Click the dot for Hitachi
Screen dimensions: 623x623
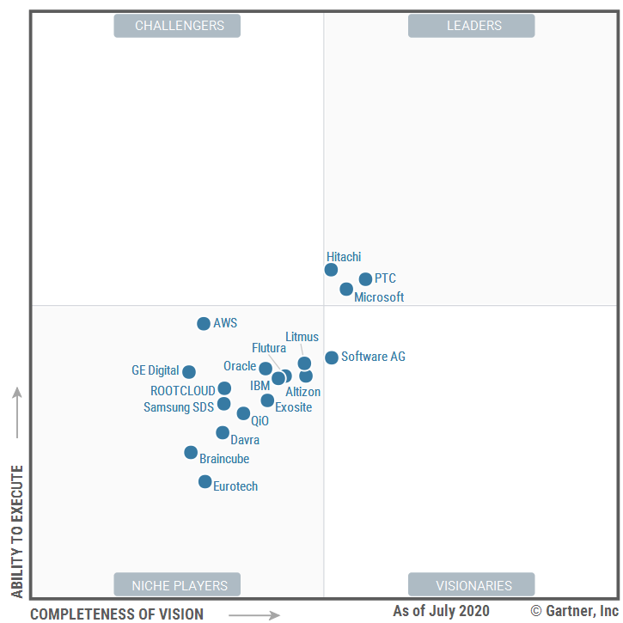[331, 270]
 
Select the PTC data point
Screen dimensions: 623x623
[365, 279]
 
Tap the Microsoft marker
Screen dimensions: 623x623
[346, 290]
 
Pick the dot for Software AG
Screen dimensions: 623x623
[332, 357]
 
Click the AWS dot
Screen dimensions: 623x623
[204, 324]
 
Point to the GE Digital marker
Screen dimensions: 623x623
[189, 372]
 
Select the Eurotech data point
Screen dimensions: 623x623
[205, 482]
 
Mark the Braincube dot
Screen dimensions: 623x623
[191, 453]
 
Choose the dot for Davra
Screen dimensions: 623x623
[223, 433]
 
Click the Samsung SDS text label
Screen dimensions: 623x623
[179, 407]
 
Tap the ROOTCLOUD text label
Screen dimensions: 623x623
[183, 391]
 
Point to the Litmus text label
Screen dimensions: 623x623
[302, 337]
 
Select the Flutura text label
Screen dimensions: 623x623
[269, 348]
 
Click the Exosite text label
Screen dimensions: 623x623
[293, 407]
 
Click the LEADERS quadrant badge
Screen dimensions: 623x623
[471, 26]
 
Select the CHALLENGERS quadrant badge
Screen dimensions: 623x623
[177, 26]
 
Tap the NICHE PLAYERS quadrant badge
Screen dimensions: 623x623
[177, 585]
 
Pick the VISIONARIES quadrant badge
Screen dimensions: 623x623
[471, 585]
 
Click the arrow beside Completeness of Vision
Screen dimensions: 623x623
[254, 614]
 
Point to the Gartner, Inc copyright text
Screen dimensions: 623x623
[574, 611]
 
